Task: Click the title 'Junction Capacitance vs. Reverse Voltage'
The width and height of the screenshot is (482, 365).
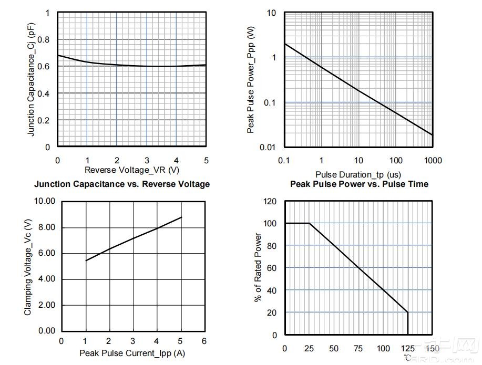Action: click(122, 184)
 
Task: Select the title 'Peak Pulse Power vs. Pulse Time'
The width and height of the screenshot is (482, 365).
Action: click(360, 184)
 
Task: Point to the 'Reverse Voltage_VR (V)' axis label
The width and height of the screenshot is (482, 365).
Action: click(132, 170)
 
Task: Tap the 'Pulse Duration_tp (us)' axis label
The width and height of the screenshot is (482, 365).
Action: click(358, 174)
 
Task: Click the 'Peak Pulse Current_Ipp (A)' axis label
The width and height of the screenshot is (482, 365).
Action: click(132, 353)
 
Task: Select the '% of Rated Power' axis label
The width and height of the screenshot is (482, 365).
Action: click(258, 267)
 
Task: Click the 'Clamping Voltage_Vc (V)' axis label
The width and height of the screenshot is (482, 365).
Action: click(28, 267)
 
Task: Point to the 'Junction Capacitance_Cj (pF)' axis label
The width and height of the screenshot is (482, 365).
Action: click(31, 79)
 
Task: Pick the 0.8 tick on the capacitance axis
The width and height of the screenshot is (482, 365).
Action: click(43, 39)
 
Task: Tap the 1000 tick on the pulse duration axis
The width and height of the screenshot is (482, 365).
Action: click(433, 160)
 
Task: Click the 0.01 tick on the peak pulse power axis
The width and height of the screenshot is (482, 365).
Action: click(268, 148)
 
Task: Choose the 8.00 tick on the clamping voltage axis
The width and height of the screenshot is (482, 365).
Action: click(47, 227)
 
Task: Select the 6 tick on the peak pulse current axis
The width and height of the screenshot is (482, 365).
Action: click(204, 341)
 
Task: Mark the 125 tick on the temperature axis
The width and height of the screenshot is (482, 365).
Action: click(407, 348)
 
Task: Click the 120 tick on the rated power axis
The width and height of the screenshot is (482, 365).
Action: click(270, 202)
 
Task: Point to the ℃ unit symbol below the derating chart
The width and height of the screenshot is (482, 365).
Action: click(407, 358)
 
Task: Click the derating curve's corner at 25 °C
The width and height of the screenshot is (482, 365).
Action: click(309, 223)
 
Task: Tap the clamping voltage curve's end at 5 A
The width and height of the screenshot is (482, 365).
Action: click(181, 217)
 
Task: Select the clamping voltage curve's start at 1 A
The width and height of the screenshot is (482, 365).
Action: click(86, 261)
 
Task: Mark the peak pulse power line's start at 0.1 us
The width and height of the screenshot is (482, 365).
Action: click(285, 44)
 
